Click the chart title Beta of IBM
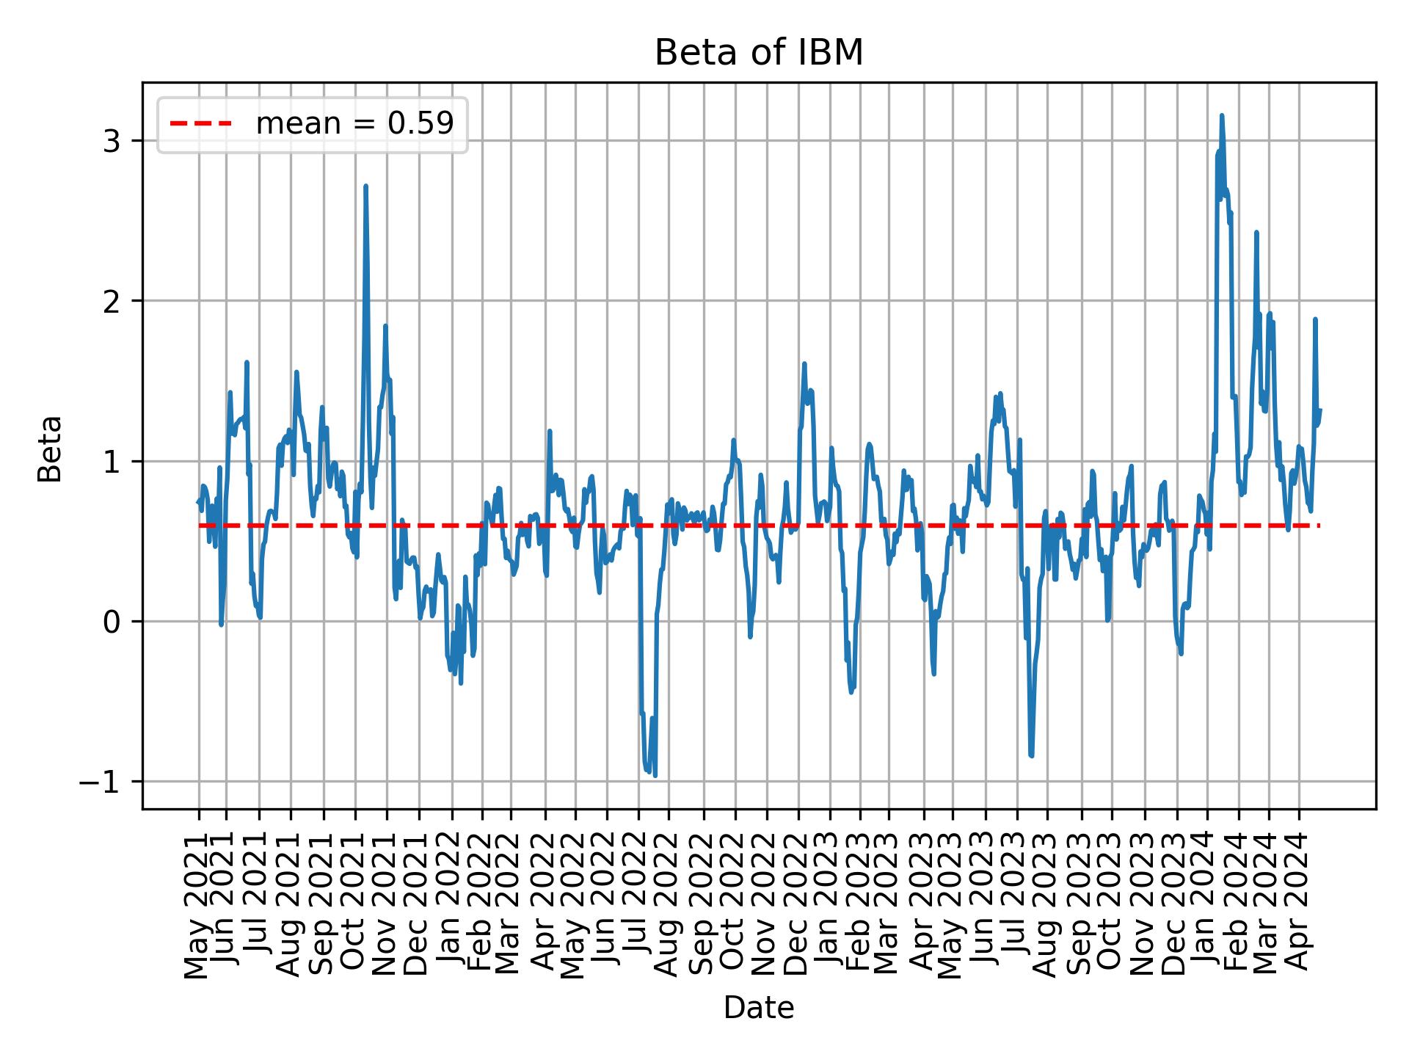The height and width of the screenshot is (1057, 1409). click(x=759, y=54)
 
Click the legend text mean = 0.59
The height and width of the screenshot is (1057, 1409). click(x=354, y=124)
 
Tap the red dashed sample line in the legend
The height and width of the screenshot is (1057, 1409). click(x=201, y=124)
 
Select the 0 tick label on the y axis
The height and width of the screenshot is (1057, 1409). click(x=112, y=622)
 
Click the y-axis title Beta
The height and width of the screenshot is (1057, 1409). click(x=50, y=448)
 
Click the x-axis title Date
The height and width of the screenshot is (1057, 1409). click(x=759, y=1009)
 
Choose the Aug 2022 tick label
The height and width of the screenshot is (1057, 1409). click(x=669, y=904)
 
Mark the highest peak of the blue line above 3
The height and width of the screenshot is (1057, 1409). click(x=1222, y=115)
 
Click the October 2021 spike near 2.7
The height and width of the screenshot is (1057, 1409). click(x=365, y=186)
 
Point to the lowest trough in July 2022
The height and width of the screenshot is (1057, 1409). click(x=655, y=775)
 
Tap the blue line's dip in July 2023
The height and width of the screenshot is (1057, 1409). click(x=1032, y=755)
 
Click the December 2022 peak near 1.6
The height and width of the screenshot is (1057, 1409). click(x=804, y=363)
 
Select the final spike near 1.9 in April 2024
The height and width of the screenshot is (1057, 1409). click(x=1315, y=319)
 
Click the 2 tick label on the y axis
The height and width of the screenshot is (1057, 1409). click(x=112, y=302)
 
